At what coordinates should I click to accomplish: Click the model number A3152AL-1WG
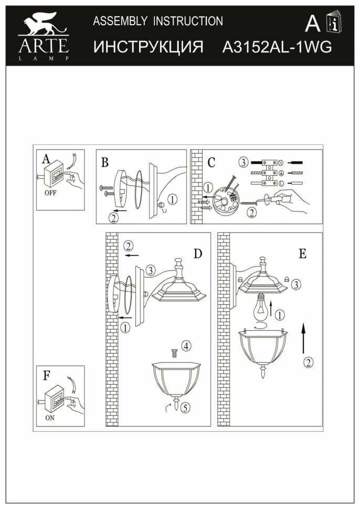pyautogui.click(x=278, y=48)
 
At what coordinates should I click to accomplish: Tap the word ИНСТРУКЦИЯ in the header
pyautogui.click(x=149, y=48)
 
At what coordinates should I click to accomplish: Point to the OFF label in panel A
pyautogui.click(x=50, y=193)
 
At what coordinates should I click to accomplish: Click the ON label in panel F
pyautogui.click(x=50, y=418)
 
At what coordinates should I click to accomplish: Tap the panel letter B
pyautogui.click(x=105, y=163)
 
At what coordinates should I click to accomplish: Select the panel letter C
pyautogui.click(x=211, y=163)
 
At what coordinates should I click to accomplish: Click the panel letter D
pyautogui.click(x=197, y=254)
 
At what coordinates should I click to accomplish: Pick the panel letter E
pyautogui.click(x=302, y=254)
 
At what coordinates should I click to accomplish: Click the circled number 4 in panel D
pyautogui.click(x=186, y=346)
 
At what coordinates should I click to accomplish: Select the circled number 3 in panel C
pyautogui.click(x=243, y=162)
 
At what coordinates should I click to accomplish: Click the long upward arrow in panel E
pyautogui.click(x=303, y=338)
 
